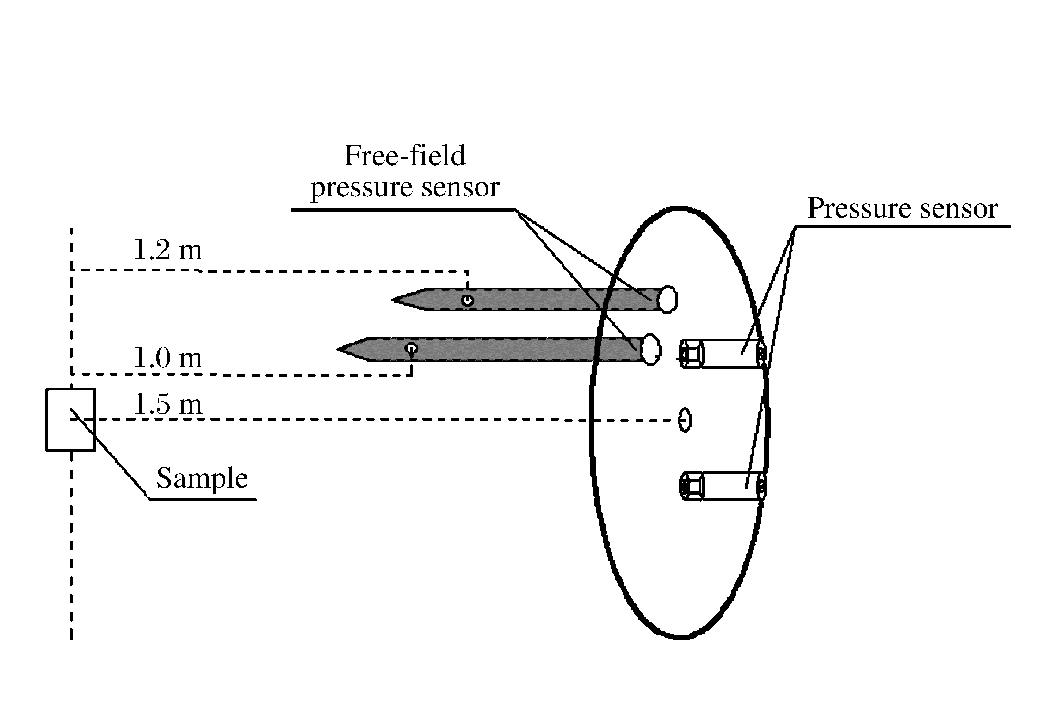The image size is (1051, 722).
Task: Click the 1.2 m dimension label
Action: pos(167,251)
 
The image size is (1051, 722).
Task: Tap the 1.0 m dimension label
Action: pos(167,358)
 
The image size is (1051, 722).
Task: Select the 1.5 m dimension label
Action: pos(167,405)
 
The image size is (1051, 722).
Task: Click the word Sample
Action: pos(202,478)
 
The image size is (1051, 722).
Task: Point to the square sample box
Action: pos(71,420)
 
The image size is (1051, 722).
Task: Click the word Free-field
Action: pos(405,156)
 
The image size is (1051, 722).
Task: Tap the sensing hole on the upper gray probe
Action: pos(468,300)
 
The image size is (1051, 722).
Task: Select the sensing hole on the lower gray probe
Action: pos(411,348)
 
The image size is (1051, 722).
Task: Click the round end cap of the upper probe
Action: pos(668,299)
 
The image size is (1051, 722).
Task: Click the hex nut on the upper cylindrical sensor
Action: pos(692,354)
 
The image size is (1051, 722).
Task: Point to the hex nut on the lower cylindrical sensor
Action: pos(692,486)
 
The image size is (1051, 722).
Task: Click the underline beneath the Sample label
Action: pos(202,499)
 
